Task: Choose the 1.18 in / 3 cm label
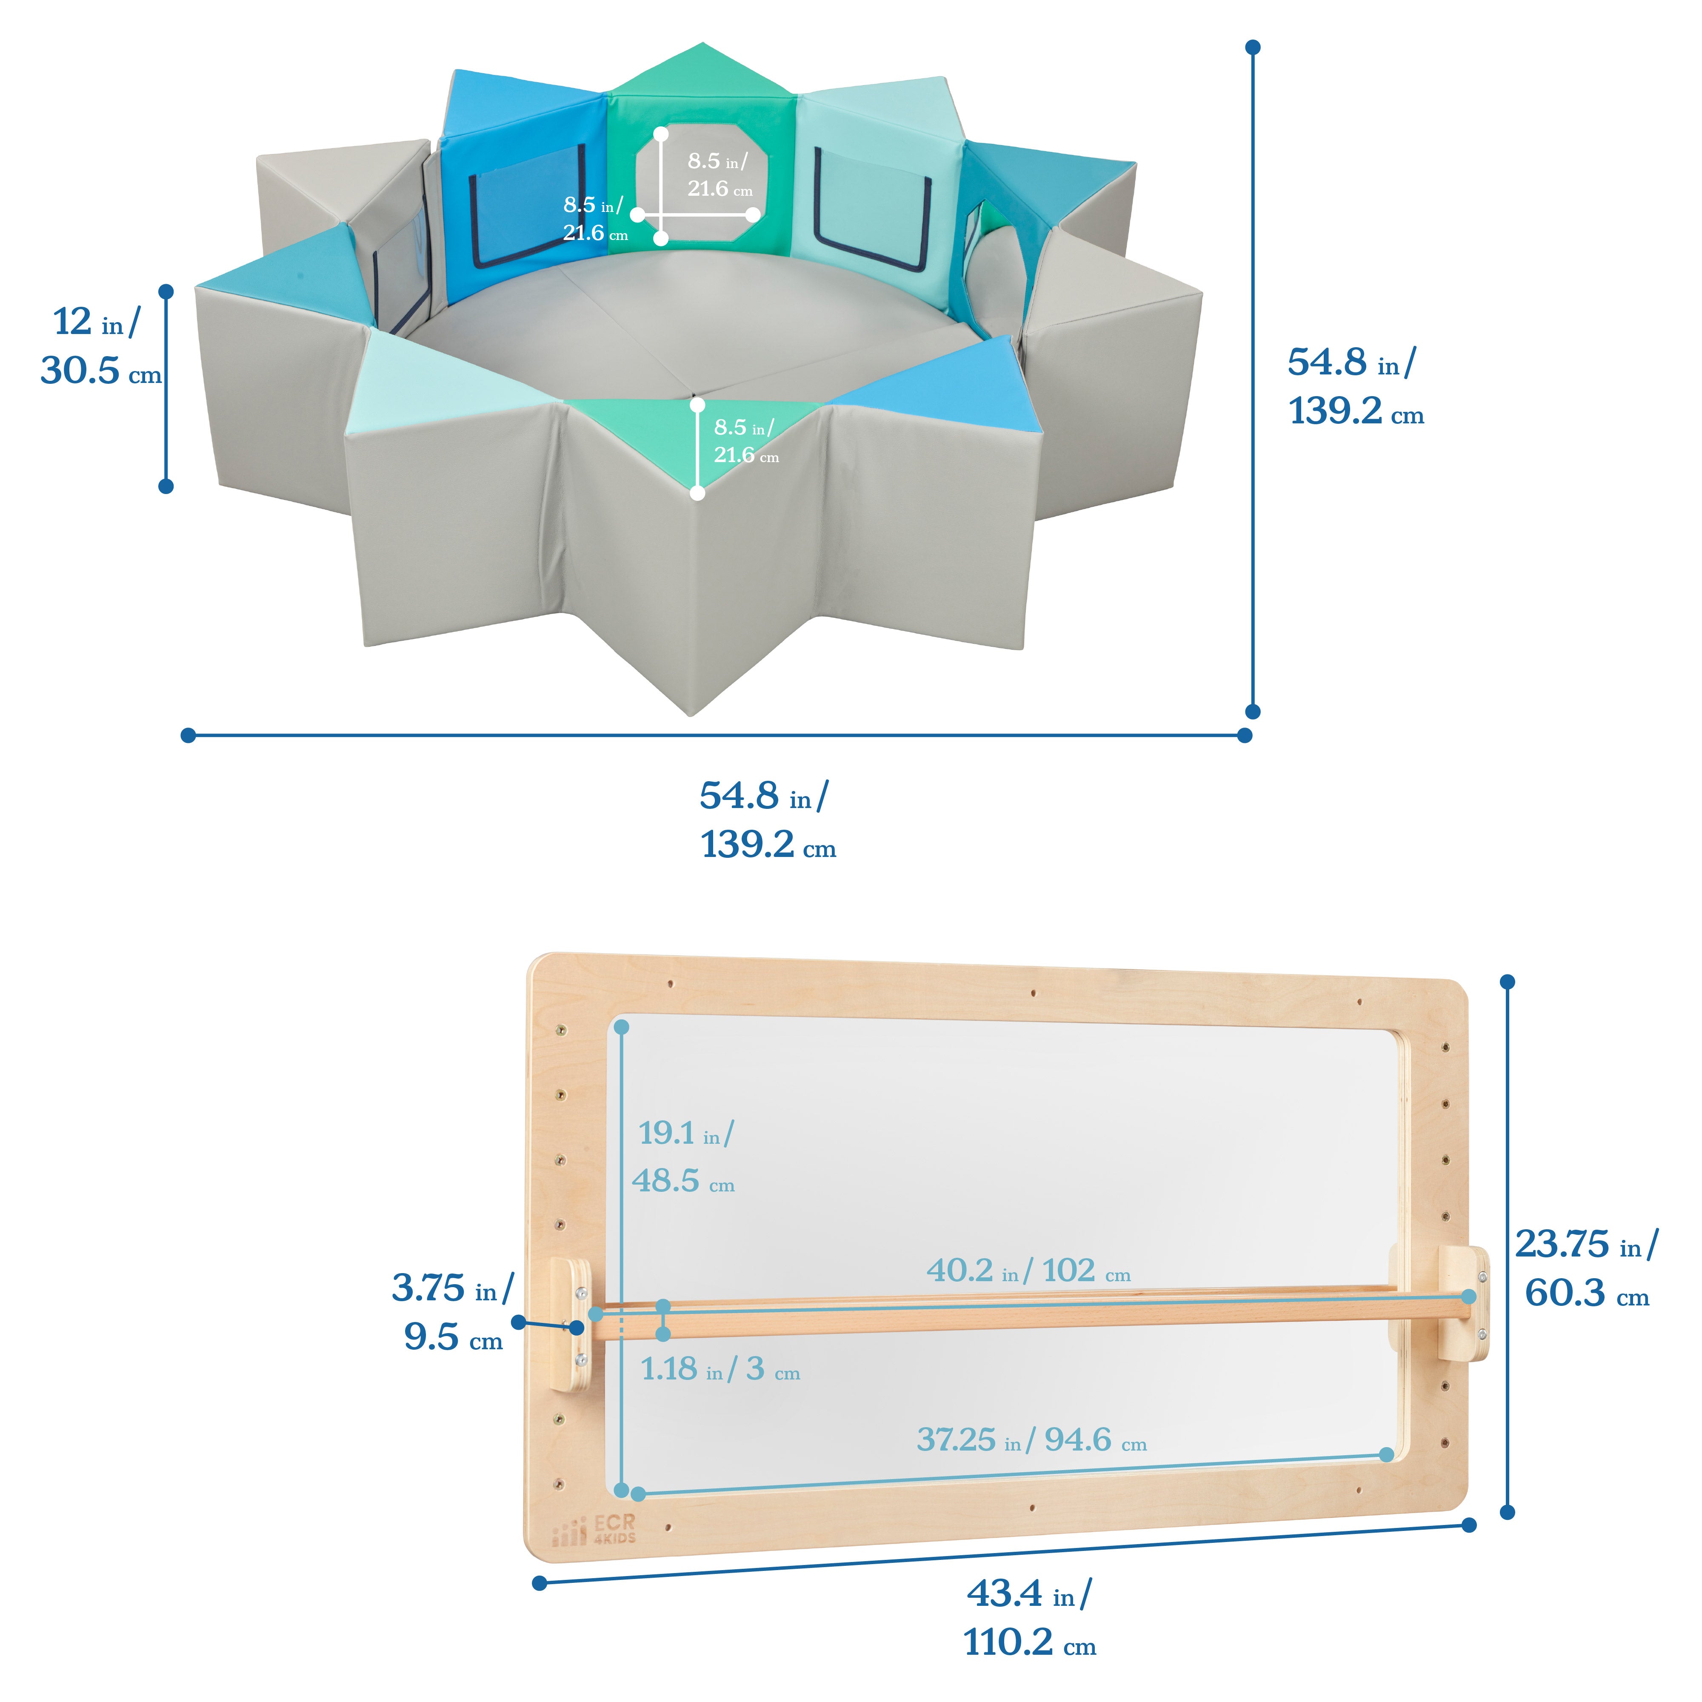(x=720, y=1369)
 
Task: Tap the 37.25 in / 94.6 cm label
(x=1031, y=1439)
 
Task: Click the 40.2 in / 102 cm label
(x=1028, y=1271)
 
